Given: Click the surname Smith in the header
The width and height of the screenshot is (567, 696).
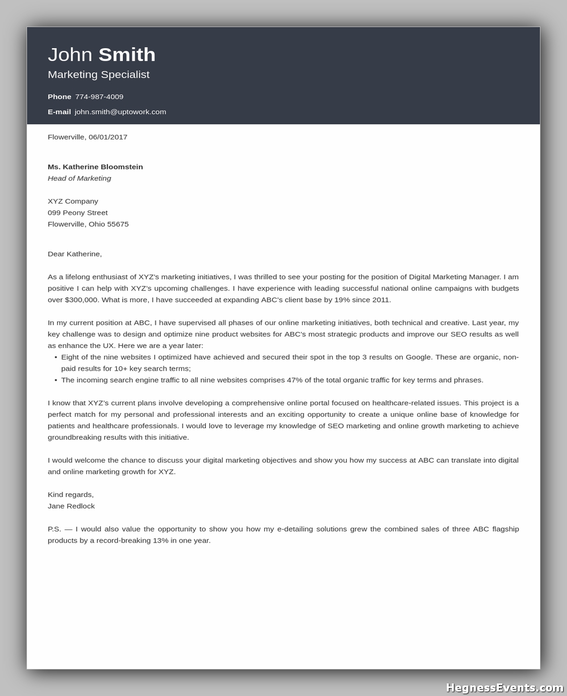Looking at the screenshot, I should (x=127, y=55).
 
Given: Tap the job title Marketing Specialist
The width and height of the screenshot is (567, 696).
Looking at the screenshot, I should (x=99, y=75).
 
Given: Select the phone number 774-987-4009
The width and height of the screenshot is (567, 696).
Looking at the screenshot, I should (x=99, y=97).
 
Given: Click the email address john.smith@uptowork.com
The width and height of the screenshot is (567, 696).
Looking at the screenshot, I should (x=120, y=112).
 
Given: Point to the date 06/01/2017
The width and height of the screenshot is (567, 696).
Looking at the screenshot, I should (x=108, y=137).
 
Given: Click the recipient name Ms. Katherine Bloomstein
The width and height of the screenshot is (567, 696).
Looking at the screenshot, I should (x=95, y=167).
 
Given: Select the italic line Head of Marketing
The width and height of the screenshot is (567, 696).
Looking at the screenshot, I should (x=79, y=179).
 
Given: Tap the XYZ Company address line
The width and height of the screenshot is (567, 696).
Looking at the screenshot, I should (x=73, y=201).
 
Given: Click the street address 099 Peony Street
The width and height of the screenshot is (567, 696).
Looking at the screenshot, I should (x=78, y=213).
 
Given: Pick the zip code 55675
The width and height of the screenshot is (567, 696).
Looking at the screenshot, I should (x=118, y=224).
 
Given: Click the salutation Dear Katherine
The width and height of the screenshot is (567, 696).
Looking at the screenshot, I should (x=74, y=254).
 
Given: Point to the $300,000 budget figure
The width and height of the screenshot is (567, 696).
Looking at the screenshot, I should (x=81, y=300).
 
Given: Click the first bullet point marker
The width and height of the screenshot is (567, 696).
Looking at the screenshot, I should (x=56, y=358).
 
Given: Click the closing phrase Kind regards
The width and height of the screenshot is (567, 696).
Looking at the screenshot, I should (x=71, y=494).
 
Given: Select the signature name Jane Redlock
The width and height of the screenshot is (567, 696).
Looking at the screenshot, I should (x=71, y=506).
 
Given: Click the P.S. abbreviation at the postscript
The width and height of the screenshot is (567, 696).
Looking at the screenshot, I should (x=54, y=529).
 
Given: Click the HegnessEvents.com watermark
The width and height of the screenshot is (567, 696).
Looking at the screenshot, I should (x=504, y=687).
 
